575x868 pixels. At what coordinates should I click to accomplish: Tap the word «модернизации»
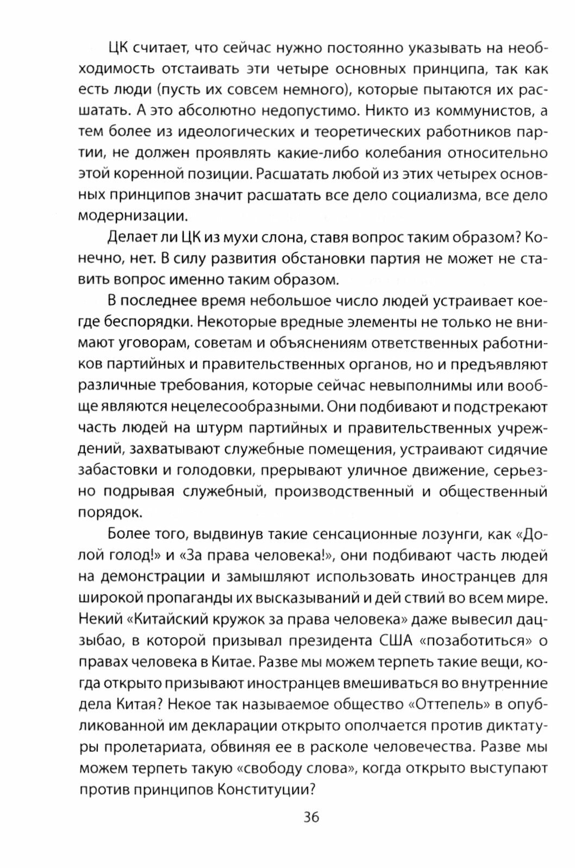(x=133, y=216)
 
